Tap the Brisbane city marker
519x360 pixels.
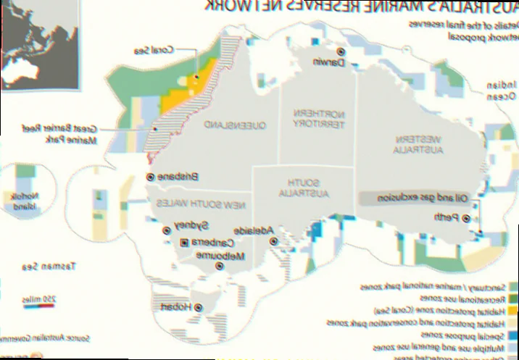[x=150, y=177]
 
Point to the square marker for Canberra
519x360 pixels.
[x=184, y=242]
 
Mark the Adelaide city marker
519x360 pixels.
[x=271, y=240]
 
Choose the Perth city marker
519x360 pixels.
[x=465, y=217]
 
